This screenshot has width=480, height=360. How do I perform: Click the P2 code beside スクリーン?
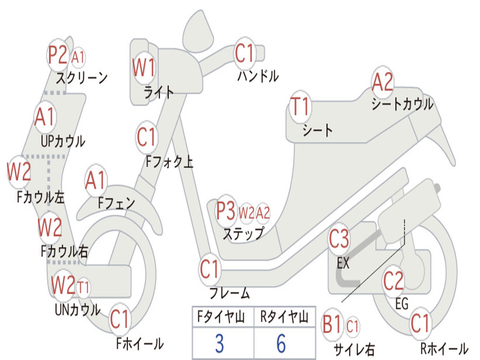tap(58, 55)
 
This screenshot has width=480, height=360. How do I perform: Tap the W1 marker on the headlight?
tap(143, 68)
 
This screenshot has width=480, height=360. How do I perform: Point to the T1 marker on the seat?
tap(300, 107)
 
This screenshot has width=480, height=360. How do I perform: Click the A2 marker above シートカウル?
tap(382, 83)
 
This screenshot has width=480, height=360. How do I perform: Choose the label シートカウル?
tap(402, 104)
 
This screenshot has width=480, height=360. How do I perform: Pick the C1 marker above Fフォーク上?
tap(146, 137)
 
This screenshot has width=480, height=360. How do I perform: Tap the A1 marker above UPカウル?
tap(45, 117)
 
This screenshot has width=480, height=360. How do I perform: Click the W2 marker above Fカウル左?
tap(19, 172)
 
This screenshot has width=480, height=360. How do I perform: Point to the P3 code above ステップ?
tap(226, 212)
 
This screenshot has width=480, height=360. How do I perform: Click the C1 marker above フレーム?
tap(210, 269)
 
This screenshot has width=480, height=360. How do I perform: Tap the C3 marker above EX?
tap(339, 240)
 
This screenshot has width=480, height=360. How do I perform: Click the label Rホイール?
tap(443, 348)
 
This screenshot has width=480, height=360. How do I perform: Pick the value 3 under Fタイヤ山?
tap(219, 344)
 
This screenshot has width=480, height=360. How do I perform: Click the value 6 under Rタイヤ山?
tap(281, 344)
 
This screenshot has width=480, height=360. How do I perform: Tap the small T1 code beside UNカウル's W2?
tap(83, 287)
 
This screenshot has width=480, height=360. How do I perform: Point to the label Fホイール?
tap(140, 344)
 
